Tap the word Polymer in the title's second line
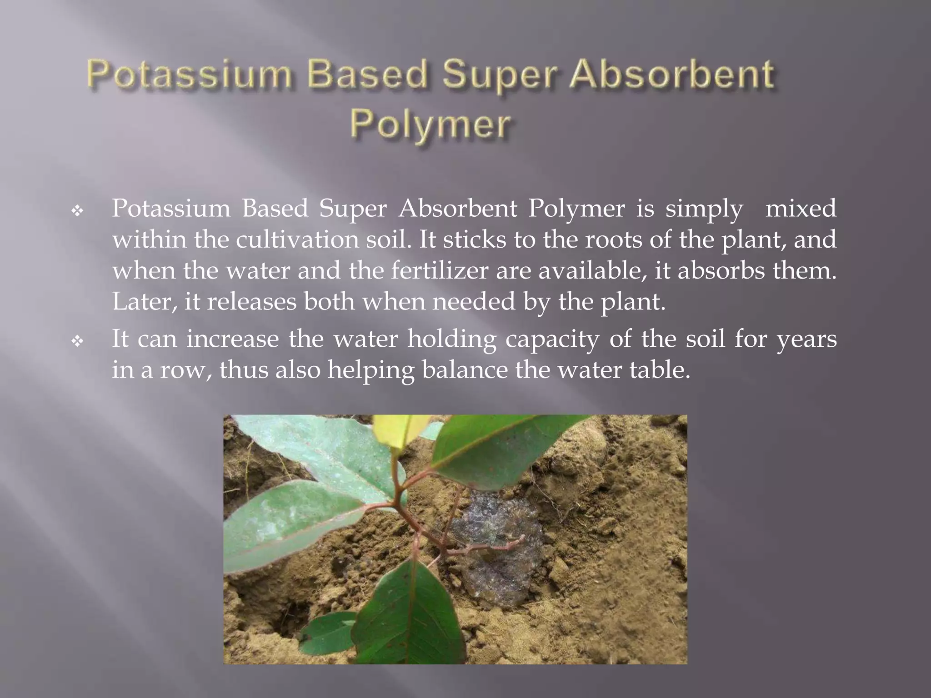pos(430,124)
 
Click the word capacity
pos(552,339)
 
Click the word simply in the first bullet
pos(704,209)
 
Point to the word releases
pos(251,302)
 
